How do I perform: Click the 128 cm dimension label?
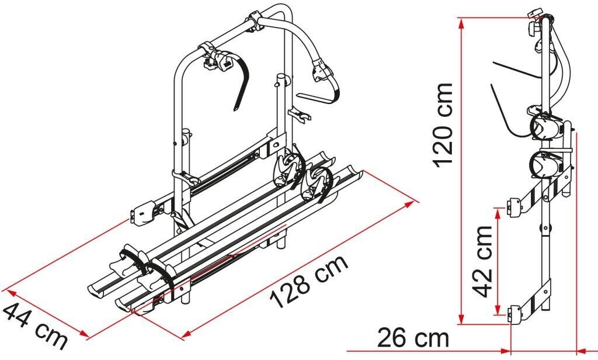coord(309,281)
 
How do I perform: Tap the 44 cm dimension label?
coord(35,326)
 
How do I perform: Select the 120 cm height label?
coord(443,124)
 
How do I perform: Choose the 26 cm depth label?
coord(413,338)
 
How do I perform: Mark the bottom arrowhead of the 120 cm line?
coord(461,319)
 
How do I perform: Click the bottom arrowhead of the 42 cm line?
coord(497,310)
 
